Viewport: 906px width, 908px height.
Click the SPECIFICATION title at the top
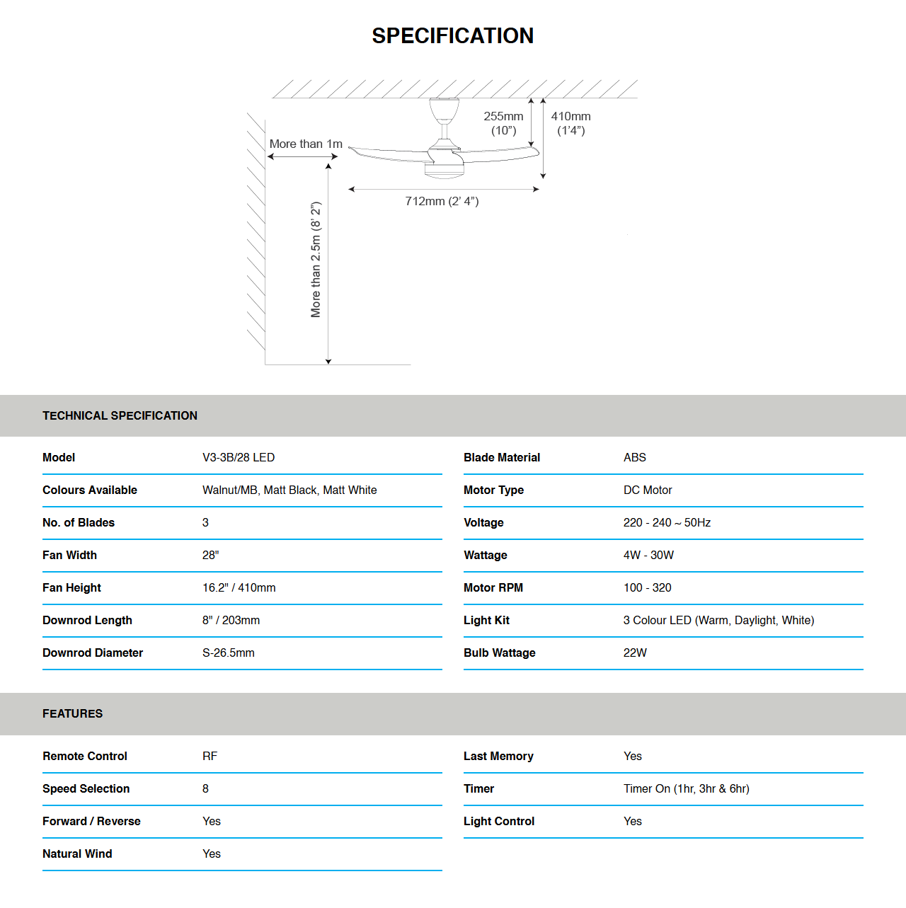click(452, 35)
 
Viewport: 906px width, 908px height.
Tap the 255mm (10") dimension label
click(503, 123)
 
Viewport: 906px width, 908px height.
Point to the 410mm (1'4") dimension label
click(570, 123)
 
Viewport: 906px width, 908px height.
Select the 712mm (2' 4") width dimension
click(442, 201)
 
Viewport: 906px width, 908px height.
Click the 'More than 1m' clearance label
click(306, 144)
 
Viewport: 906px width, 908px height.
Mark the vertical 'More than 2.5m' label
click(316, 259)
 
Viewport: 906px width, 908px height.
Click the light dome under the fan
click(444, 169)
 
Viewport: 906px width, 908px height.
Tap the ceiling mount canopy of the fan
click(444, 110)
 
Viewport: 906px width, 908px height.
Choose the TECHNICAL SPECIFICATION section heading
click(120, 415)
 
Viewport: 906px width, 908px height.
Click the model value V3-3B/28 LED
click(239, 457)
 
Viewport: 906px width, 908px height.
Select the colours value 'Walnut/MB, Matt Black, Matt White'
click(289, 490)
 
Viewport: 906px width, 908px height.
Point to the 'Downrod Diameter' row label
click(93, 653)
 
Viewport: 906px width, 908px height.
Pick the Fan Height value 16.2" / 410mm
click(239, 587)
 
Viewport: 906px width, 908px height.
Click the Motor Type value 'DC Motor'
click(648, 490)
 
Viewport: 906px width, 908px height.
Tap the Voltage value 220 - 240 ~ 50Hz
click(667, 522)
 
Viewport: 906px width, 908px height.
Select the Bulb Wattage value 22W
click(635, 653)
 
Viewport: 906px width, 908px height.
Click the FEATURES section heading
click(72, 713)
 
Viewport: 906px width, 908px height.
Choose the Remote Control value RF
click(210, 756)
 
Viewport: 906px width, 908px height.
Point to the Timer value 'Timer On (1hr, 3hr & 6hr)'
click(686, 788)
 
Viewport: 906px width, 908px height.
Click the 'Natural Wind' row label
click(77, 854)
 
